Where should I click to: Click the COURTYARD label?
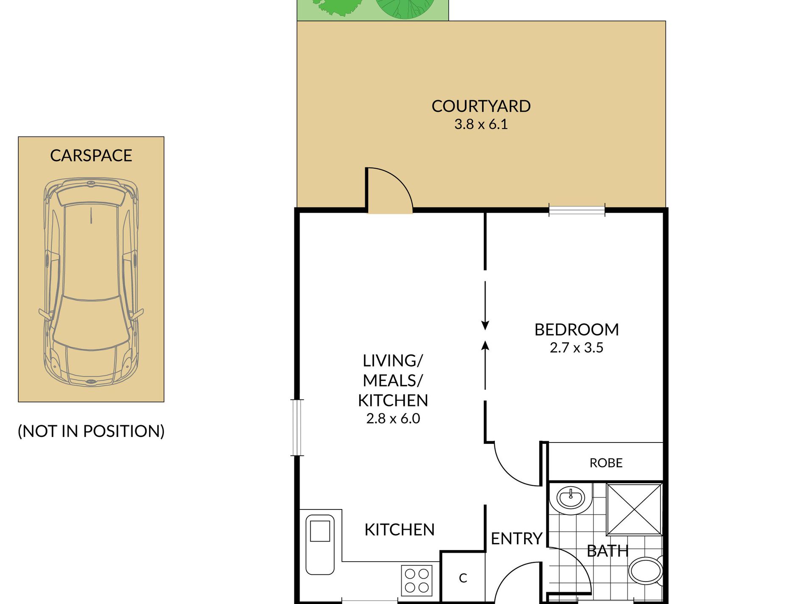(481, 106)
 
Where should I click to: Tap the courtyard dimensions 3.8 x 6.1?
(481, 124)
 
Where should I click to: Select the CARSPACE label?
(91, 156)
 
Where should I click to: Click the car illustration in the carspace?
(91, 282)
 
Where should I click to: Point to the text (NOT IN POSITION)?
(91, 431)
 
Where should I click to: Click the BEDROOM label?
(577, 330)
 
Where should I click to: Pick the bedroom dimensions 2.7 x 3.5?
(577, 348)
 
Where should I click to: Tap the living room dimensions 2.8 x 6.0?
(393, 418)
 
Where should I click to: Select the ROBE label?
(606, 463)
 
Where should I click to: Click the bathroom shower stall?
(634, 509)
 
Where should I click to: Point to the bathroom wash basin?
(570, 498)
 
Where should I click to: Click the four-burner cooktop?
(416, 581)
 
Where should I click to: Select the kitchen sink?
(320, 545)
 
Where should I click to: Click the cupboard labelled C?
(463, 578)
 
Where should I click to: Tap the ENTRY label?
(516, 539)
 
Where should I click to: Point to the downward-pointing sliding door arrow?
(485, 306)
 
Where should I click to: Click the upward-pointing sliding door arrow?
(485, 365)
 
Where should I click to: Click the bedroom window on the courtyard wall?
(577, 210)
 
